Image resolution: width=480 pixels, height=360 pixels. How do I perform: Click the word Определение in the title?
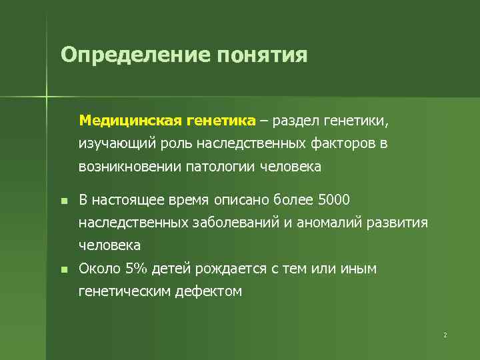[134, 54]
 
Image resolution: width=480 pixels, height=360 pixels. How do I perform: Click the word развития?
[398, 223]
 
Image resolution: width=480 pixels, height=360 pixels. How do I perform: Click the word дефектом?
[209, 291]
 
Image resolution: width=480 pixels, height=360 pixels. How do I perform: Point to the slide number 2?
[445, 335]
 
